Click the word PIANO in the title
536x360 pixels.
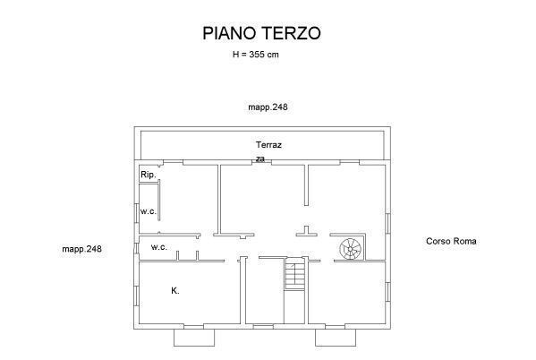229,33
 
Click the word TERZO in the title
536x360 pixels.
291,33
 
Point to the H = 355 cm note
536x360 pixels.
256,55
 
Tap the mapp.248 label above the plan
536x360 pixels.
268,107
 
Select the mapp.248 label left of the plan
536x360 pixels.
81,249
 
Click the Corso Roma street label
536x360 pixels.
451,241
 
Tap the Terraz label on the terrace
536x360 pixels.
268,145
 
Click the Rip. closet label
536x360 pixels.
149,175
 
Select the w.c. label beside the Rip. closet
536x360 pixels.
149,211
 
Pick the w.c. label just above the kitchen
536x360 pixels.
159,247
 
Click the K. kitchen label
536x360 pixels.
175,291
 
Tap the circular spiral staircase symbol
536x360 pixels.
351,249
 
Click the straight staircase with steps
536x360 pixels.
294,274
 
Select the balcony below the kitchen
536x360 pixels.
194,338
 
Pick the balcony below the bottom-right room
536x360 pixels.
336,338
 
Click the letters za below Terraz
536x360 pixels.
260,159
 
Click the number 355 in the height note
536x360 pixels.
257,55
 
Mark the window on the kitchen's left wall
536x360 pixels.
136,296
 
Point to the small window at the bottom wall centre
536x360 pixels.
263,327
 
